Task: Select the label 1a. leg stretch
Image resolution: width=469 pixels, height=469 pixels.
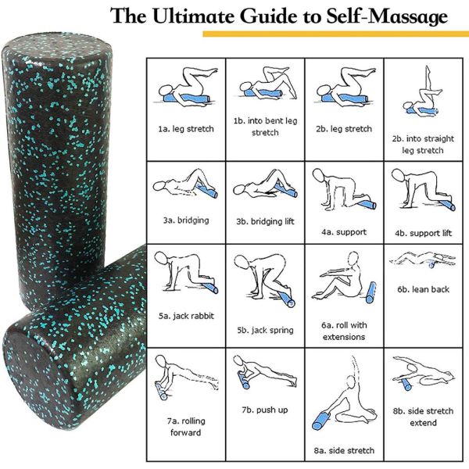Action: (185, 128)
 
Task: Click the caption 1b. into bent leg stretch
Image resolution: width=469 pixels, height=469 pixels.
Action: (265, 127)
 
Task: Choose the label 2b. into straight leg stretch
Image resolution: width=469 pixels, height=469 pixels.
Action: (422, 145)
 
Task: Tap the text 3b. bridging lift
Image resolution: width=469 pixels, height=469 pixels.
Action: (265, 221)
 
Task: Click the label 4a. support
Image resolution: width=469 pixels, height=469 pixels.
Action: (344, 232)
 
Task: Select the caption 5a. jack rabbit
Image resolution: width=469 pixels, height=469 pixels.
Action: (185, 316)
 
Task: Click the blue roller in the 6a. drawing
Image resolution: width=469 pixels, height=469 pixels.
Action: (371, 292)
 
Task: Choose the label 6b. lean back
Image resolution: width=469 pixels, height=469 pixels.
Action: (423, 289)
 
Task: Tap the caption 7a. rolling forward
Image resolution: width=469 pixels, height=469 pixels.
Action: (185, 426)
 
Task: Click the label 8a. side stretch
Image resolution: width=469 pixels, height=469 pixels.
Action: (344, 450)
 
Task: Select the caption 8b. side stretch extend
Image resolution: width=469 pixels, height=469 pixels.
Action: (423, 417)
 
